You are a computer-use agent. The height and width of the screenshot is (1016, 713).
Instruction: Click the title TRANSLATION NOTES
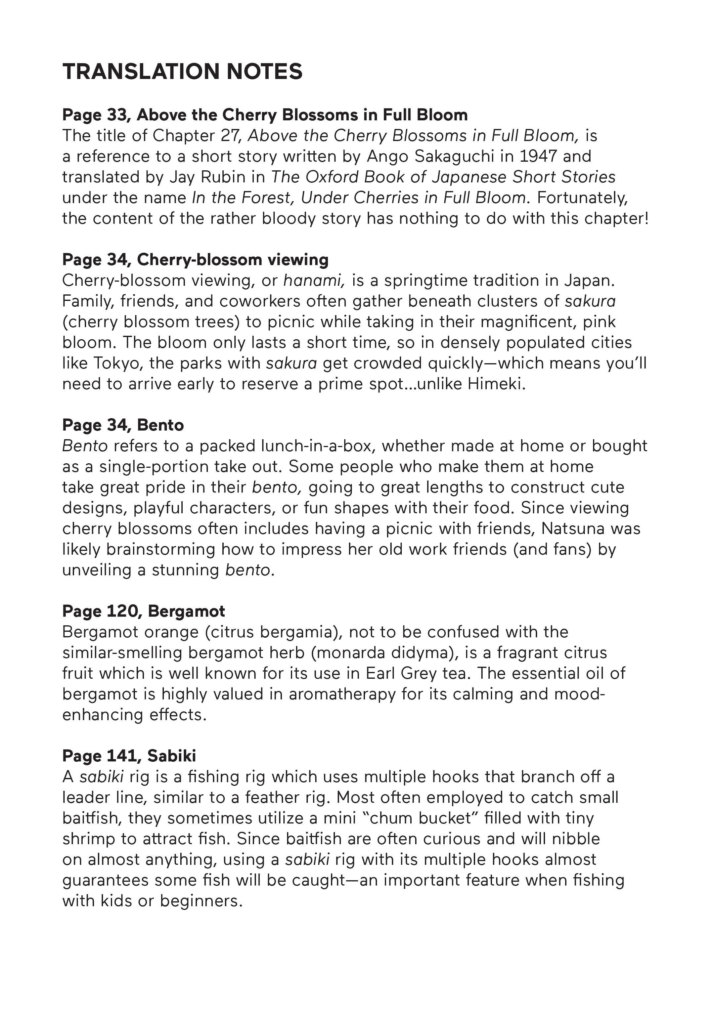pos(182,72)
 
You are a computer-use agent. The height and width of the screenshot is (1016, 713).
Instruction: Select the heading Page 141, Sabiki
pos(129,756)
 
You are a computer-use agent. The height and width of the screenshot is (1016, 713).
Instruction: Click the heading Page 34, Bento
pos(123,425)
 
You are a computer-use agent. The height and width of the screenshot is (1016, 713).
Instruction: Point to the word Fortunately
pos(582,198)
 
